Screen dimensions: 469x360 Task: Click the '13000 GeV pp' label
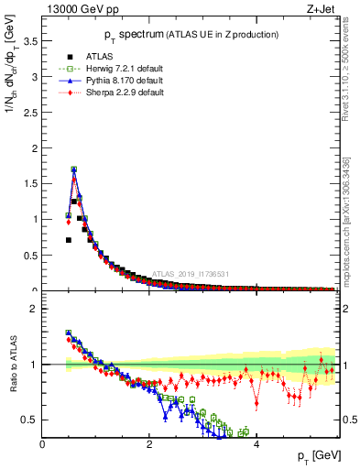80,11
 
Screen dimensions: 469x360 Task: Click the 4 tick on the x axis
256,446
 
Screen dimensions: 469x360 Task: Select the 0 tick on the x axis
43,446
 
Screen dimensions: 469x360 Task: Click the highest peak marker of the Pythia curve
73,169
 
